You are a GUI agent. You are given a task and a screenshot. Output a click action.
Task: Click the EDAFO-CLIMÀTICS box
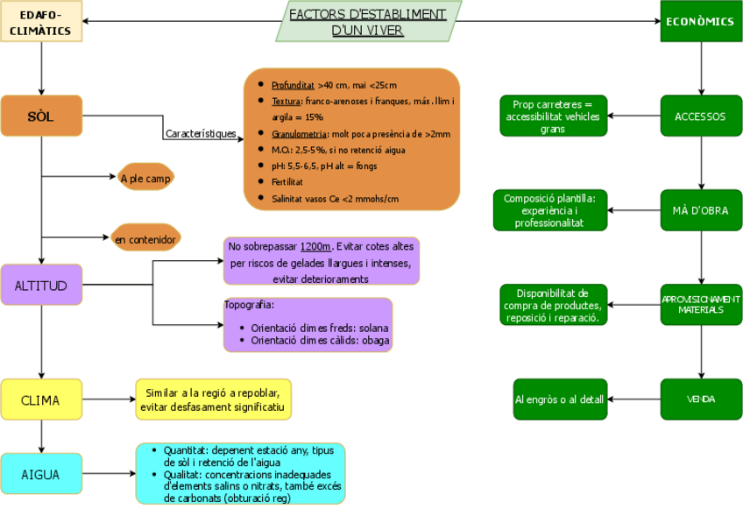pos(41,22)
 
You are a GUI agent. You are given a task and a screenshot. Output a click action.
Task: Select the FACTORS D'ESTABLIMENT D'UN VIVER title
pos(368,22)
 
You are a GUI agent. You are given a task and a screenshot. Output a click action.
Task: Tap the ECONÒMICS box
pos(700,22)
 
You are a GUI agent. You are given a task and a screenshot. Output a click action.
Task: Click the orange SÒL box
pos(41,117)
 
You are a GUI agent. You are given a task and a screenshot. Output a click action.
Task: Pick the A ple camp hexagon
pos(145,178)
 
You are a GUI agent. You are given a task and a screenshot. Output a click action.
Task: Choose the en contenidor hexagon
pos(145,238)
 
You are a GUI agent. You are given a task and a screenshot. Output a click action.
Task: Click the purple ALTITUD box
pos(41,285)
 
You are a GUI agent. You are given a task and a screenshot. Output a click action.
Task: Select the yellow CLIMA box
pos(41,399)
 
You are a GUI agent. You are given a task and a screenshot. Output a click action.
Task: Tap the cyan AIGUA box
pos(41,474)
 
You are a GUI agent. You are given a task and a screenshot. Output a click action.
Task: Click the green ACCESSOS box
pos(700,117)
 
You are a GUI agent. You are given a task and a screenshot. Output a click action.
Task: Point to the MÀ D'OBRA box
pos(700,210)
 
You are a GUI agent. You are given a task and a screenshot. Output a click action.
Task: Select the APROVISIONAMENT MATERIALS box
pos(700,304)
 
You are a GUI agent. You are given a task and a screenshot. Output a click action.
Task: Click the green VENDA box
pos(700,399)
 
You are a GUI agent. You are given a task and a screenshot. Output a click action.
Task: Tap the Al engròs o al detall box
pos(559,399)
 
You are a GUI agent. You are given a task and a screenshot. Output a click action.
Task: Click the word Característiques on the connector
pos(201,134)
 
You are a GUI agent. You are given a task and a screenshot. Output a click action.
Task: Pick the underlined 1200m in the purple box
pos(315,247)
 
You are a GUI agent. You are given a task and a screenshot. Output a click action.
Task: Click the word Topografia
pos(250,306)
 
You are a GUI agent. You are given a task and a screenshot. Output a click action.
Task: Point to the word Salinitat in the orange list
pos(288,199)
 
